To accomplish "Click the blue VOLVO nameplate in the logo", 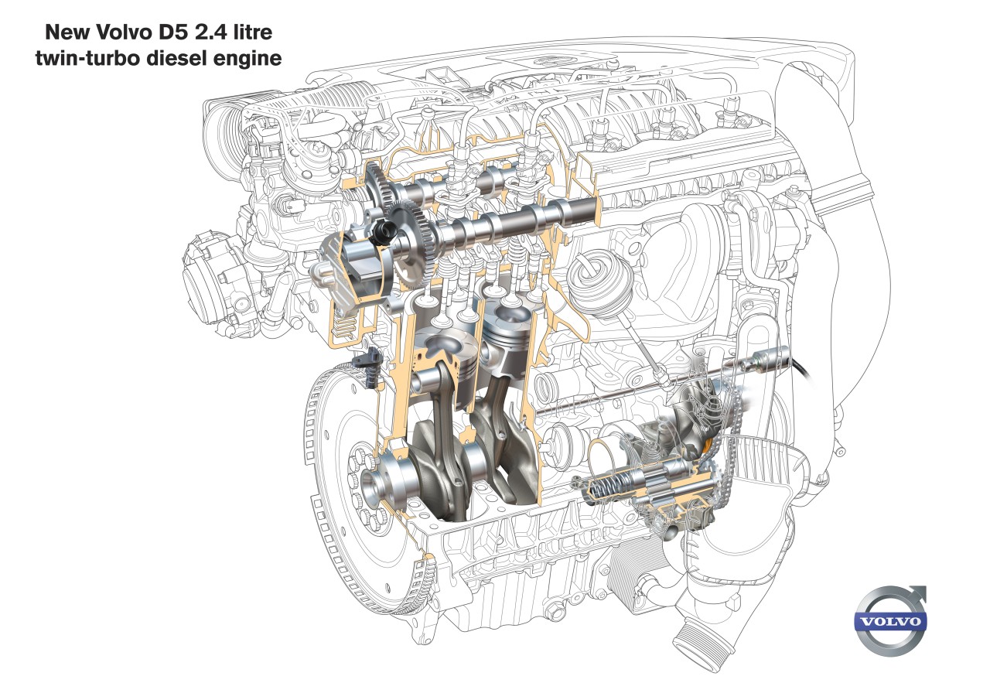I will coord(889,622).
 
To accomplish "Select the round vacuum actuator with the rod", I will coord(594,278).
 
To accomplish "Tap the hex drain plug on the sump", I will coord(553,614).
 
